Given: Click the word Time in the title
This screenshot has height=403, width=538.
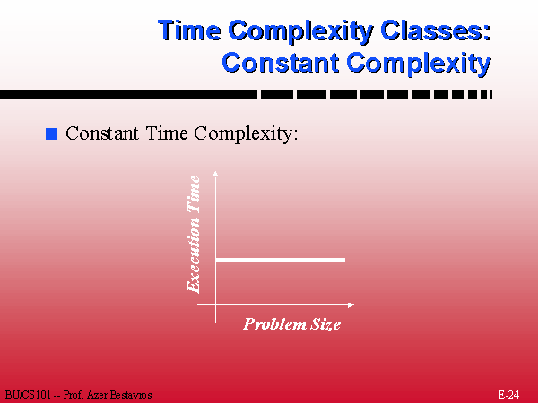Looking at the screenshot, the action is click(x=190, y=30).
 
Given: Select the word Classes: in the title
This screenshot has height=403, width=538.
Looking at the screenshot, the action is click(x=436, y=30).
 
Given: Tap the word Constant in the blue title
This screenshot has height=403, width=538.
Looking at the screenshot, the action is click(x=281, y=63).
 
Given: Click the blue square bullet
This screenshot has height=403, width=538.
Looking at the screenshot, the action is click(x=51, y=133).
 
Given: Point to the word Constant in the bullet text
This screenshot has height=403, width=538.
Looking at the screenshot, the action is click(x=102, y=133).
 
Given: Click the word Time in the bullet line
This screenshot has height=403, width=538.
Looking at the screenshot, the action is click(x=167, y=133).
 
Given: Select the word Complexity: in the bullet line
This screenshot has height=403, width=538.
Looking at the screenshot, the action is click(x=246, y=133).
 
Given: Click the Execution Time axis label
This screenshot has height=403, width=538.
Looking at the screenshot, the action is click(x=194, y=234).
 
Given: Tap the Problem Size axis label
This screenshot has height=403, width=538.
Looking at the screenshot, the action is click(x=292, y=324).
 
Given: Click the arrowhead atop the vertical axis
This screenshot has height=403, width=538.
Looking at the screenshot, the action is click(x=215, y=174).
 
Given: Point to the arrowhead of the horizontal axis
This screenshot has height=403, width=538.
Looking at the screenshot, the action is click(x=351, y=304).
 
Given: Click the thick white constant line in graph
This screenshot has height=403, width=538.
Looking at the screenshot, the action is click(x=281, y=260).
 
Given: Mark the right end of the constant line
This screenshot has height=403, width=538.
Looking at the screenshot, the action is click(x=345, y=260).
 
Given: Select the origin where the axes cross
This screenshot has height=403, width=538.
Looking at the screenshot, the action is click(x=215, y=304).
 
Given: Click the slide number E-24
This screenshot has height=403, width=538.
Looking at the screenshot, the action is click(x=508, y=394).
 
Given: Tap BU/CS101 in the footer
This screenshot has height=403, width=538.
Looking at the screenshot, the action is click(x=28, y=395).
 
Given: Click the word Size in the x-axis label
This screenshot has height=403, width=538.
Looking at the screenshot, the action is click(x=325, y=324).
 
